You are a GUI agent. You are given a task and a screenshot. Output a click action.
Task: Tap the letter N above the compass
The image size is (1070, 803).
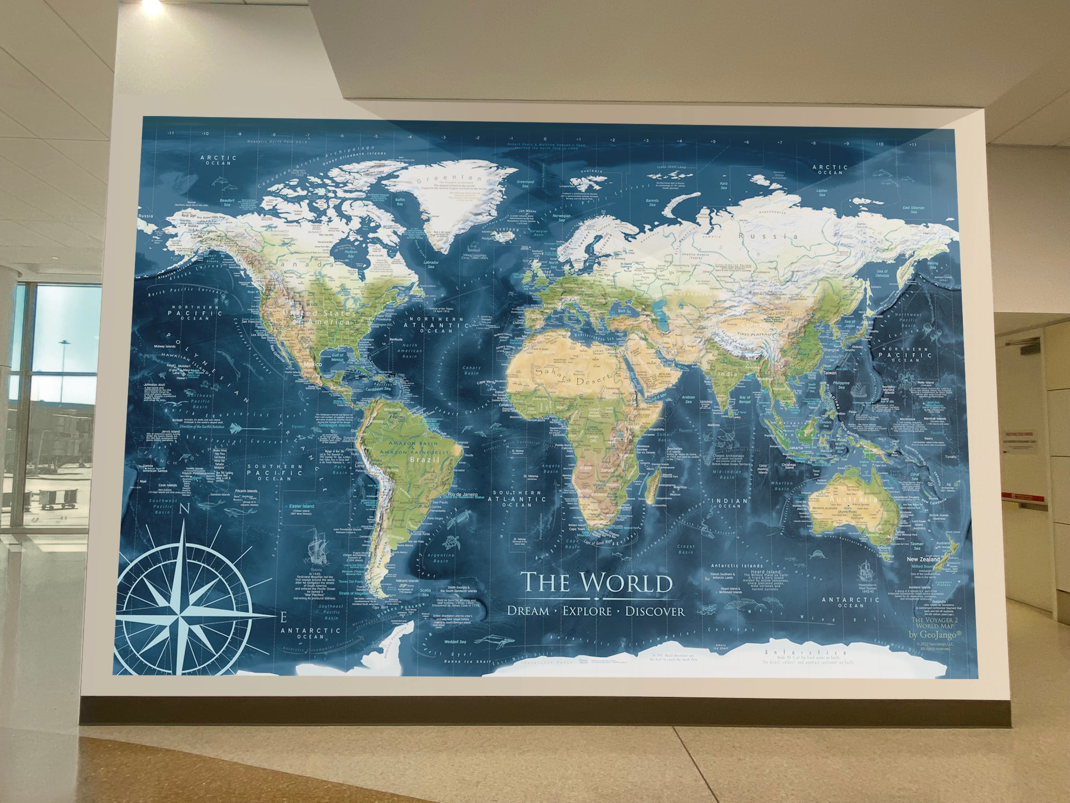[x=183, y=511]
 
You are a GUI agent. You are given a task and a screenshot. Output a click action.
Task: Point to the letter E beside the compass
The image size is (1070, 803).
[x=283, y=618]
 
